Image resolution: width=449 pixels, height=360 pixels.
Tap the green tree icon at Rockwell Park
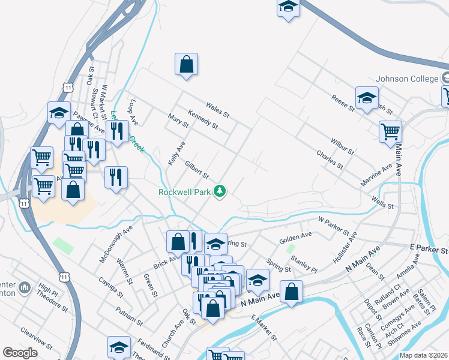click(221, 191)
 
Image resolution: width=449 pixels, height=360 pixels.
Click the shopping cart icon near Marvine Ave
click(390, 131)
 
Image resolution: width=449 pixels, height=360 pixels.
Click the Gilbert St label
click(196, 170)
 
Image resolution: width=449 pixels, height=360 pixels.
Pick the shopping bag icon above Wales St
click(187, 64)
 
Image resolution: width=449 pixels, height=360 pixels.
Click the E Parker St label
click(429, 248)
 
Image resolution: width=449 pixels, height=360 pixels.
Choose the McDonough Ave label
click(116, 244)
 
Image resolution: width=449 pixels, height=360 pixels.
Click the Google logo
click(20, 352)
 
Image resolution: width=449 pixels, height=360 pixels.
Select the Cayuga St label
click(110, 288)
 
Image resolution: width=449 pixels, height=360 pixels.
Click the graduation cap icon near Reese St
click(366, 98)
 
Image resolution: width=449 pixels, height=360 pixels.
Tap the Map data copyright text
click(423, 355)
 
